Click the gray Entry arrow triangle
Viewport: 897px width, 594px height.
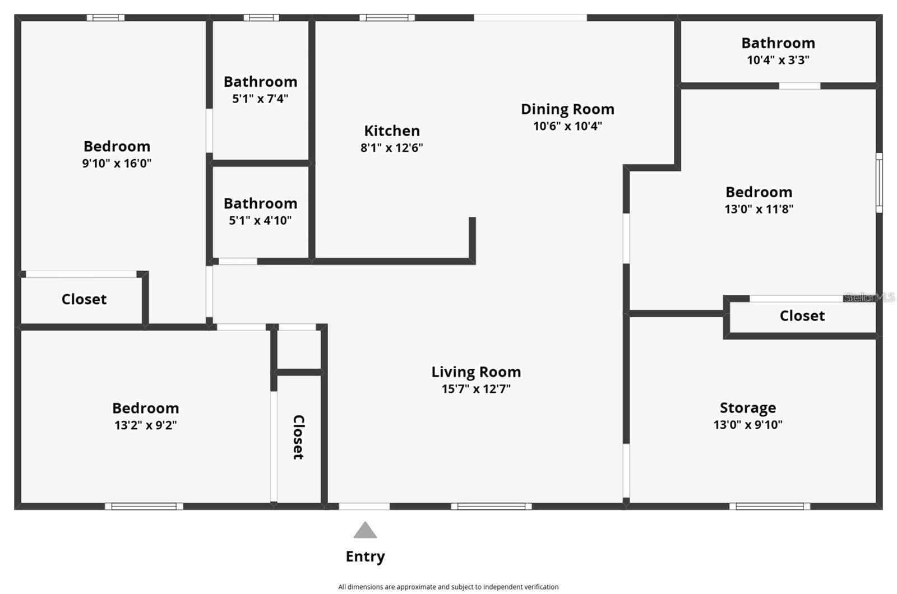tap(365, 531)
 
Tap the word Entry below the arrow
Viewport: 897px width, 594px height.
tap(365, 556)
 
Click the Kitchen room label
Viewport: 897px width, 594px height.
tap(392, 131)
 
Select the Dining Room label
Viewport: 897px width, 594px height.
tap(567, 109)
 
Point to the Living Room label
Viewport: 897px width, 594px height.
tap(476, 372)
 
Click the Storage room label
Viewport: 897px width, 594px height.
tap(748, 407)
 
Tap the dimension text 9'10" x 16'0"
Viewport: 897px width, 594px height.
tap(117, 164)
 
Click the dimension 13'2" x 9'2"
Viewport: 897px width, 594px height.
tap(146, 425)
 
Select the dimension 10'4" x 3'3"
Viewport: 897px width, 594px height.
tap(778, 60)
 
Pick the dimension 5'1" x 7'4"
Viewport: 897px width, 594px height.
tap(260, 99)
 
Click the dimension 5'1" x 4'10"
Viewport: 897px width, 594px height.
tap(260, 221)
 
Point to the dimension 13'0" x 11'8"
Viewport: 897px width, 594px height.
tap(759, 209)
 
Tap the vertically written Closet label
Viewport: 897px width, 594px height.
tap(299, 437)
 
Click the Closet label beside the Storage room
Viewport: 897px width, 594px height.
tap(802, 315)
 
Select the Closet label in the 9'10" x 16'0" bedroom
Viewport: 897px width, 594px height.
tap(84, 299)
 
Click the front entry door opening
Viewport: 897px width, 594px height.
tap(364, 506)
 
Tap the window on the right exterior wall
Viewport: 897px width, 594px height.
tap(879, 183)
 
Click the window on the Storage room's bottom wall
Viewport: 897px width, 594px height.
tap(769, 506)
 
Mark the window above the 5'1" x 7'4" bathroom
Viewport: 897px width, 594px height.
tap(261, 18)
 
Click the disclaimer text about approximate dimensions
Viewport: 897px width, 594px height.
tap(448, 587)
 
